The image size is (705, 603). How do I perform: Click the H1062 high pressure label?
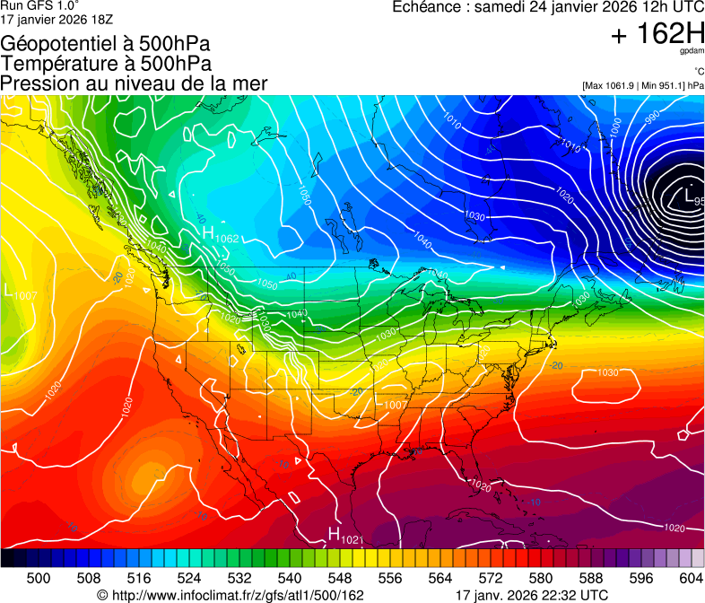[220, 236]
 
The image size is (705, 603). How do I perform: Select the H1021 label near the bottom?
[344, 536]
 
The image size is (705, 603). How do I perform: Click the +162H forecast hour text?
[657, 35]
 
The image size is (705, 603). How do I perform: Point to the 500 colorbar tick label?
[39, 578]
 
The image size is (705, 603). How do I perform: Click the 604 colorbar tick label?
[692, 578]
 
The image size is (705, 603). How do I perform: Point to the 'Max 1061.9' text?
[610, 85]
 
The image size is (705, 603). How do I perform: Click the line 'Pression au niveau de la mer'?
[134, 83]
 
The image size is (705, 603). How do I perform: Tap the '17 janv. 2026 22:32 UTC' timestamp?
[532, 595]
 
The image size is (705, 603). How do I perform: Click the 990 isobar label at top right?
[651, 116]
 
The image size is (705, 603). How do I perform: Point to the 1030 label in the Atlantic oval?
[607, 371]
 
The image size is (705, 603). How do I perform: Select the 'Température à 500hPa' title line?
[106, 63]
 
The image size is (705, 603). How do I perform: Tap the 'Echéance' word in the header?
[426, 7]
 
